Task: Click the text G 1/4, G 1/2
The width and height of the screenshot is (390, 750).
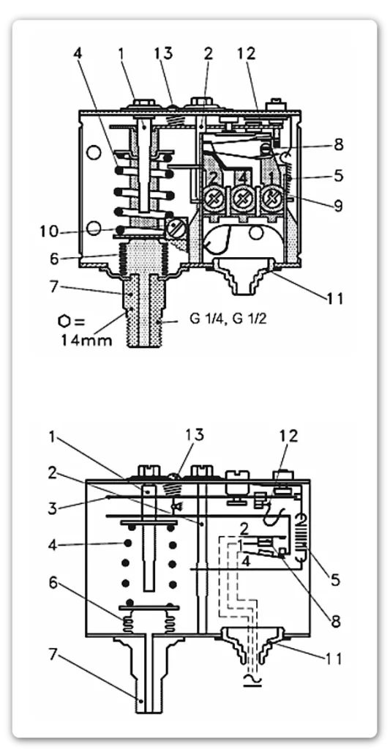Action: (x=228, y=319)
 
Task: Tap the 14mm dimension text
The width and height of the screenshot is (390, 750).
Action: (x=86, y=340)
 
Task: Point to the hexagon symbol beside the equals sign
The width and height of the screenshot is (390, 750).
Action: (x=64, y=321)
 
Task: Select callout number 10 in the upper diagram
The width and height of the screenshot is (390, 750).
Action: (x=49, y=231)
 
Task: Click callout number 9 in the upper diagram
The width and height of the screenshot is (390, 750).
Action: (x=338, y=206)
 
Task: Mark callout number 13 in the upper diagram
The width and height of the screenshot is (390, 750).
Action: (x=163, y=53)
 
